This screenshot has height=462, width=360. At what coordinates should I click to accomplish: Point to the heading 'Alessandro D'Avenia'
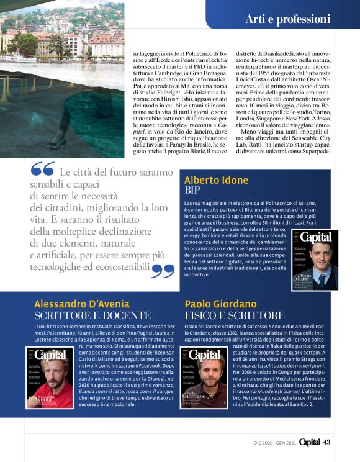(82, 304)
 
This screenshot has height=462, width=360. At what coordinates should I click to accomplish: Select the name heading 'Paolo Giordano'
(221, 304)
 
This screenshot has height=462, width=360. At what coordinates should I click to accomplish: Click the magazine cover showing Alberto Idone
(315, 260)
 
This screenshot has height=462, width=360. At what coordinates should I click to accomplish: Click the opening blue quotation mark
(42, 170)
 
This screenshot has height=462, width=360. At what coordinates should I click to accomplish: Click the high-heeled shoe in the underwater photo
(58, 143)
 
